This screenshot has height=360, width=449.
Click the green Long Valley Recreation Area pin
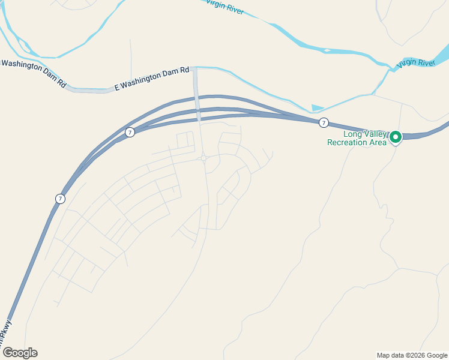pos(396,137)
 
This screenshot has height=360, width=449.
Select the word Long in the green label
pos(352,134)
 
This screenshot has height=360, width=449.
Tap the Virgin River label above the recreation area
pos(415,63)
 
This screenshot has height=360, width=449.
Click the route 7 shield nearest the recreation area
pos(324,123)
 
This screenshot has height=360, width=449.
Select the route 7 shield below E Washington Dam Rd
pos(129,132)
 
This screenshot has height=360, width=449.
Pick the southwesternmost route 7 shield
pos(59,199)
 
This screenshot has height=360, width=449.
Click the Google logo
pos(19,353)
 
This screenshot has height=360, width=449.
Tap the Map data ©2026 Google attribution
pos(412,355)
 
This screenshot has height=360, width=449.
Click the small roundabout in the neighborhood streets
pos(204,159)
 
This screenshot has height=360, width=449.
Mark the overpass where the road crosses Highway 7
pos(197,112)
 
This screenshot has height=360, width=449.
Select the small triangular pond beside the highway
pos(318,108)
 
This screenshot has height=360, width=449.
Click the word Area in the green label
pos(378,142)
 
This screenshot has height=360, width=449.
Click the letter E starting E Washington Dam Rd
pos(117,88)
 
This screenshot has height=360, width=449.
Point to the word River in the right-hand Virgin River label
pos(425,62)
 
